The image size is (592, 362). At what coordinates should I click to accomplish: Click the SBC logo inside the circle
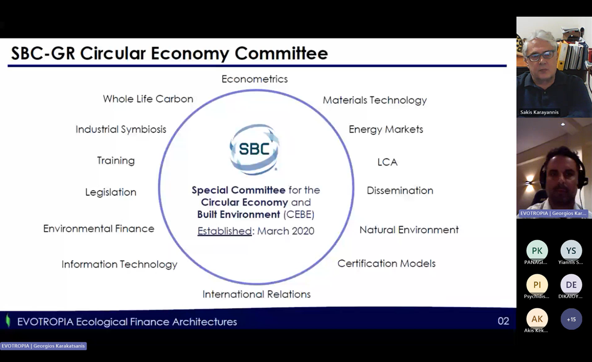[x=254, y=149]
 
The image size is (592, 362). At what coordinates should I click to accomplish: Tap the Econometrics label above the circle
[x=254, y=79]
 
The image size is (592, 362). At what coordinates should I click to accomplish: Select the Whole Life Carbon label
[x=148, y=99]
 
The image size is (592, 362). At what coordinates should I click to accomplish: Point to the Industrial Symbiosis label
[x=121, y=130]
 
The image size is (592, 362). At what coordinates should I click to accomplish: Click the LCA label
[x=387, y=163]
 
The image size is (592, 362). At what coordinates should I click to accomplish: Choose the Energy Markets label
[x=385, y=130]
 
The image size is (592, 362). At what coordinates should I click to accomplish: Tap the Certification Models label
[x=386, y=264]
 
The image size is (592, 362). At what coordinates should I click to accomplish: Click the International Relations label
[x=256, y=294]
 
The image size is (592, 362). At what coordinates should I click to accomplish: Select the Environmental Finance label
[x=99, y=229]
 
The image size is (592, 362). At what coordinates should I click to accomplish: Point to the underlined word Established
[x=224, y=231]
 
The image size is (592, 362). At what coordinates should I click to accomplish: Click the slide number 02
[x=503, y=321]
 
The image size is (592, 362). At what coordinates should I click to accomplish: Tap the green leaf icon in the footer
[x=8, y=320]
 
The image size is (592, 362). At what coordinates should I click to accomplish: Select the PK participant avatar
[x=537, y=251]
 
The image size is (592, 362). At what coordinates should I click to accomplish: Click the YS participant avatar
[x=571, y=251]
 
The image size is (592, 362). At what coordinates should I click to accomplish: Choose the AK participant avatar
[x=537, y=319]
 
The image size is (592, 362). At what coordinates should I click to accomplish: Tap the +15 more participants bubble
[x=571, y=319]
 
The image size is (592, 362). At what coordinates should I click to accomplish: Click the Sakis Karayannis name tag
[x=539, y=112]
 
